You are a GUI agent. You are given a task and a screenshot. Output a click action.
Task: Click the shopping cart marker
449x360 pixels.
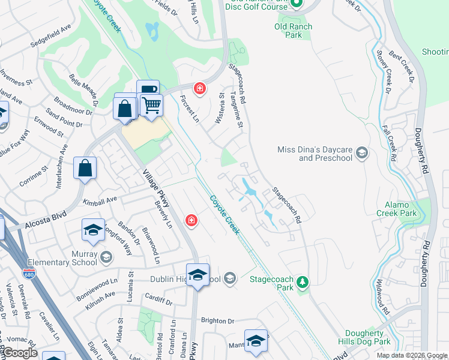click(152, 106)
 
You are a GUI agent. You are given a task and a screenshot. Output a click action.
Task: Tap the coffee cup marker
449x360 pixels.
click(148, 91)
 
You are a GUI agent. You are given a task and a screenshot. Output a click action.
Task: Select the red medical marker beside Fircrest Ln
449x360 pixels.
click(200, 89)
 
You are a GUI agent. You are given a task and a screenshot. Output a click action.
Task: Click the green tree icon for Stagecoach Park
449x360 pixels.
click(304, 281)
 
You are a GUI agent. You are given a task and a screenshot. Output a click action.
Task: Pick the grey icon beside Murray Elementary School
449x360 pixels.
click(106, 257)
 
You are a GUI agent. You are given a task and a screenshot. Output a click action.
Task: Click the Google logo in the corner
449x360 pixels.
click(20, 353)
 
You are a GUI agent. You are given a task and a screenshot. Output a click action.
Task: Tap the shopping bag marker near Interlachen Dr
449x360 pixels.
click(85, 168)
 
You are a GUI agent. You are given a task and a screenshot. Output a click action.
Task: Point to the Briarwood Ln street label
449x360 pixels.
click(151, 245)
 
